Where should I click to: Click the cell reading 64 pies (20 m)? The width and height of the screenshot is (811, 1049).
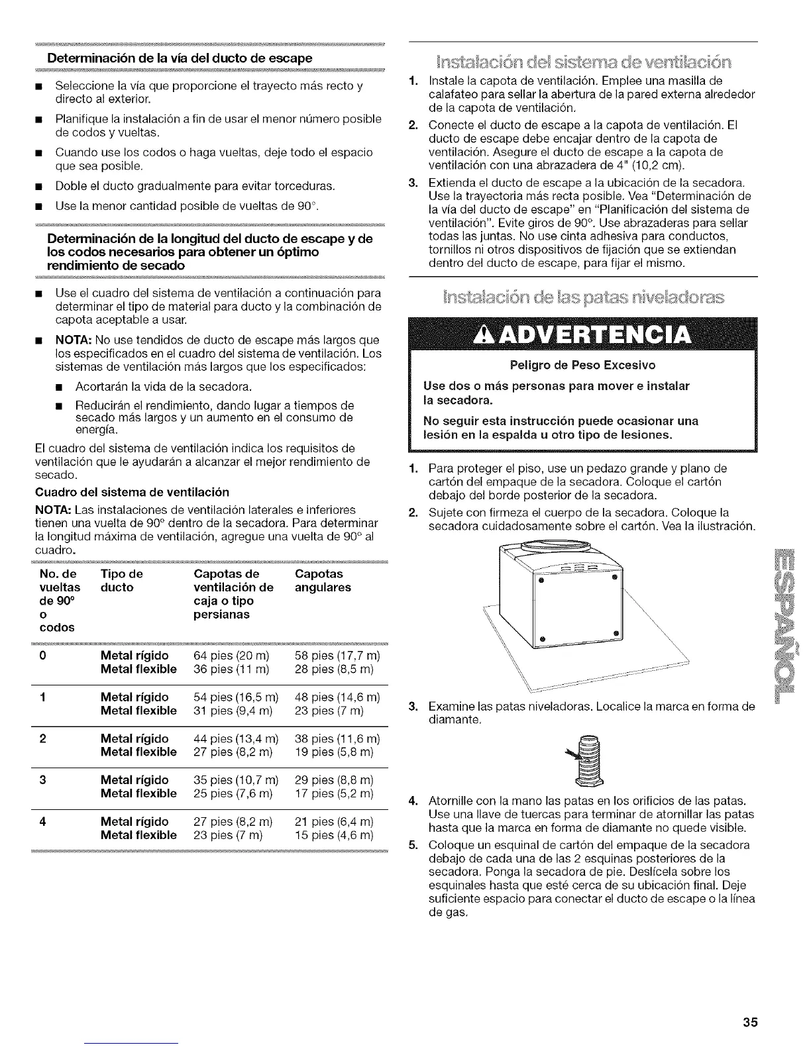[231, 656]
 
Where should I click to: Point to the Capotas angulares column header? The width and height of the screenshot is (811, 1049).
[323, 580]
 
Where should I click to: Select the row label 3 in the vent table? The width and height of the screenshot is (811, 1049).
[42, 779]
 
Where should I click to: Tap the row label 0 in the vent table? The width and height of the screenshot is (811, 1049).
[42, 656]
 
